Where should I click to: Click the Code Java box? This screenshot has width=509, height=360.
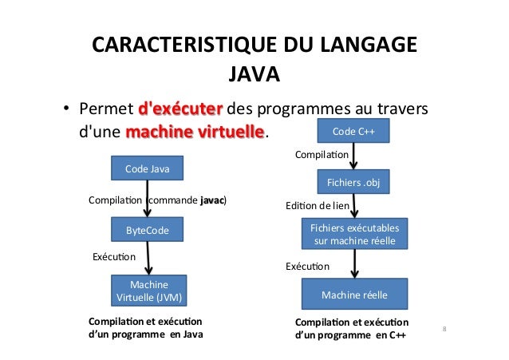click(x=148, y=168)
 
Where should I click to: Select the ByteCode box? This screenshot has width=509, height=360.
click(x=148, y=230)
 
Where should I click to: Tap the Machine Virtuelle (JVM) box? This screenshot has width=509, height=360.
click(x=149, y=291)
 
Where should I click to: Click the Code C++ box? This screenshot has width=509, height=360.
click(x=353, y=130)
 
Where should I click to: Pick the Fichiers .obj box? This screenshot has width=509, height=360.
click(x=353, y=184)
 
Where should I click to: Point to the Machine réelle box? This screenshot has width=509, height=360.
click(x=353, y=295)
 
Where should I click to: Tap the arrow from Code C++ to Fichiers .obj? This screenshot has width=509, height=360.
click(x=353, y=156)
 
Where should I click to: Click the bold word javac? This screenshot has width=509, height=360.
click(x=211, y=200)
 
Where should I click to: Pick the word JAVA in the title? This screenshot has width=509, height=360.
click(x=254, y=75)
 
